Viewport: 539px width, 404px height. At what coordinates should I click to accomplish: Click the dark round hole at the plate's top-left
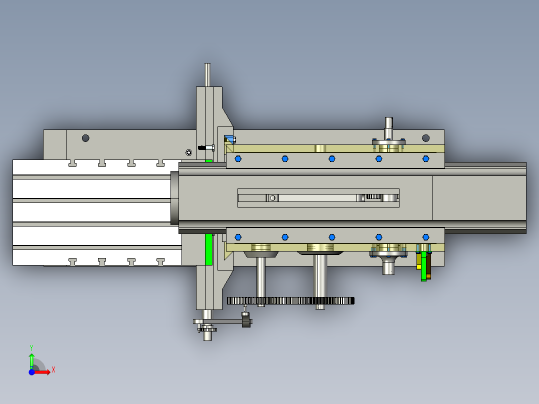[85, 138]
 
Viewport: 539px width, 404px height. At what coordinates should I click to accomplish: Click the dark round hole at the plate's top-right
[425, 138]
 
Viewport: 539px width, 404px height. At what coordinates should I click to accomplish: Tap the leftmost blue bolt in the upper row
[238, 158]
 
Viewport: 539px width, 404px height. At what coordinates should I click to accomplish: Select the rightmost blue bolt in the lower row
[426, 237]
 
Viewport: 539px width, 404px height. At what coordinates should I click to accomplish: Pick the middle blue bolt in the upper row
[331, 158]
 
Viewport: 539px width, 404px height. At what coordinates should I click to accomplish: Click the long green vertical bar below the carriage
[208, 249]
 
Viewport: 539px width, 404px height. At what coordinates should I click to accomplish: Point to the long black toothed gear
[290, 300]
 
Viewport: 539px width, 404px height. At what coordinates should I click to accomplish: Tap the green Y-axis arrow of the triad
[31, 359]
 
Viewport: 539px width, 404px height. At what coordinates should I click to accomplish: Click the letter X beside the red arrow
[53, 369]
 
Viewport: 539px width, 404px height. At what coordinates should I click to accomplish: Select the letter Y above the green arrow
[31, 347]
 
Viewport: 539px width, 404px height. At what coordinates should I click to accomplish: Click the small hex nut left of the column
[188, 152]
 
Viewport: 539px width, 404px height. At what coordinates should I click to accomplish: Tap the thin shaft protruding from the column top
[207, 74]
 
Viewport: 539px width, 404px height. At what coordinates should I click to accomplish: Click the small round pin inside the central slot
[272, 198]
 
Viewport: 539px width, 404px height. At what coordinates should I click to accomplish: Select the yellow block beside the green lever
[418, 260]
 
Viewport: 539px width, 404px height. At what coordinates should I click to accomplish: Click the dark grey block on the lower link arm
[245, 320]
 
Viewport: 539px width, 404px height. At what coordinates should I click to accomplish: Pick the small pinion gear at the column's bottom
[208, 329]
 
